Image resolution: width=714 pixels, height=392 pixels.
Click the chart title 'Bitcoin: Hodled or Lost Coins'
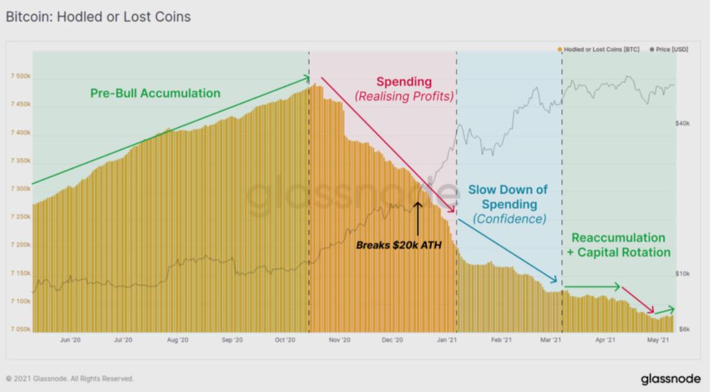coord(98,17)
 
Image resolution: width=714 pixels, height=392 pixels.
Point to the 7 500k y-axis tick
coord(20,77)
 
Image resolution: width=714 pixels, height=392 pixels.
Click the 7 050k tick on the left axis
coord(20,329)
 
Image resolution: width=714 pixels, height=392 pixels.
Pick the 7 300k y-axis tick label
coord(20,189)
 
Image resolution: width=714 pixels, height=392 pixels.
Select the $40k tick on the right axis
coord(683,123)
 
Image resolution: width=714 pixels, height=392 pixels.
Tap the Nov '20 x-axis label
coord(338,340)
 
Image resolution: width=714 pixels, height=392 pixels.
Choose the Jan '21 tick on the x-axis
coord(448,340)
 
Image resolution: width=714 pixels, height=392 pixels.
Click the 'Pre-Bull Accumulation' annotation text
coord(155,93)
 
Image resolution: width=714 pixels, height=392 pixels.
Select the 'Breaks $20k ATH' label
coord(399,245)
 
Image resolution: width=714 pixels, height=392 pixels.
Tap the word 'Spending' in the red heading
coord(404,82)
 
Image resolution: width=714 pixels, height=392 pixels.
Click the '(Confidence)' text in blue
coord(509,219)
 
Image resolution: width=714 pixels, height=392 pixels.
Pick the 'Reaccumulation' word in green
coord(618,238)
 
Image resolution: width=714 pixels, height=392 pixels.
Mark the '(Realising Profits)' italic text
coord(404,97)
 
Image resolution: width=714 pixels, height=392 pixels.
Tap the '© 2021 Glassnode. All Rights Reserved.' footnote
coord(69,379)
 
